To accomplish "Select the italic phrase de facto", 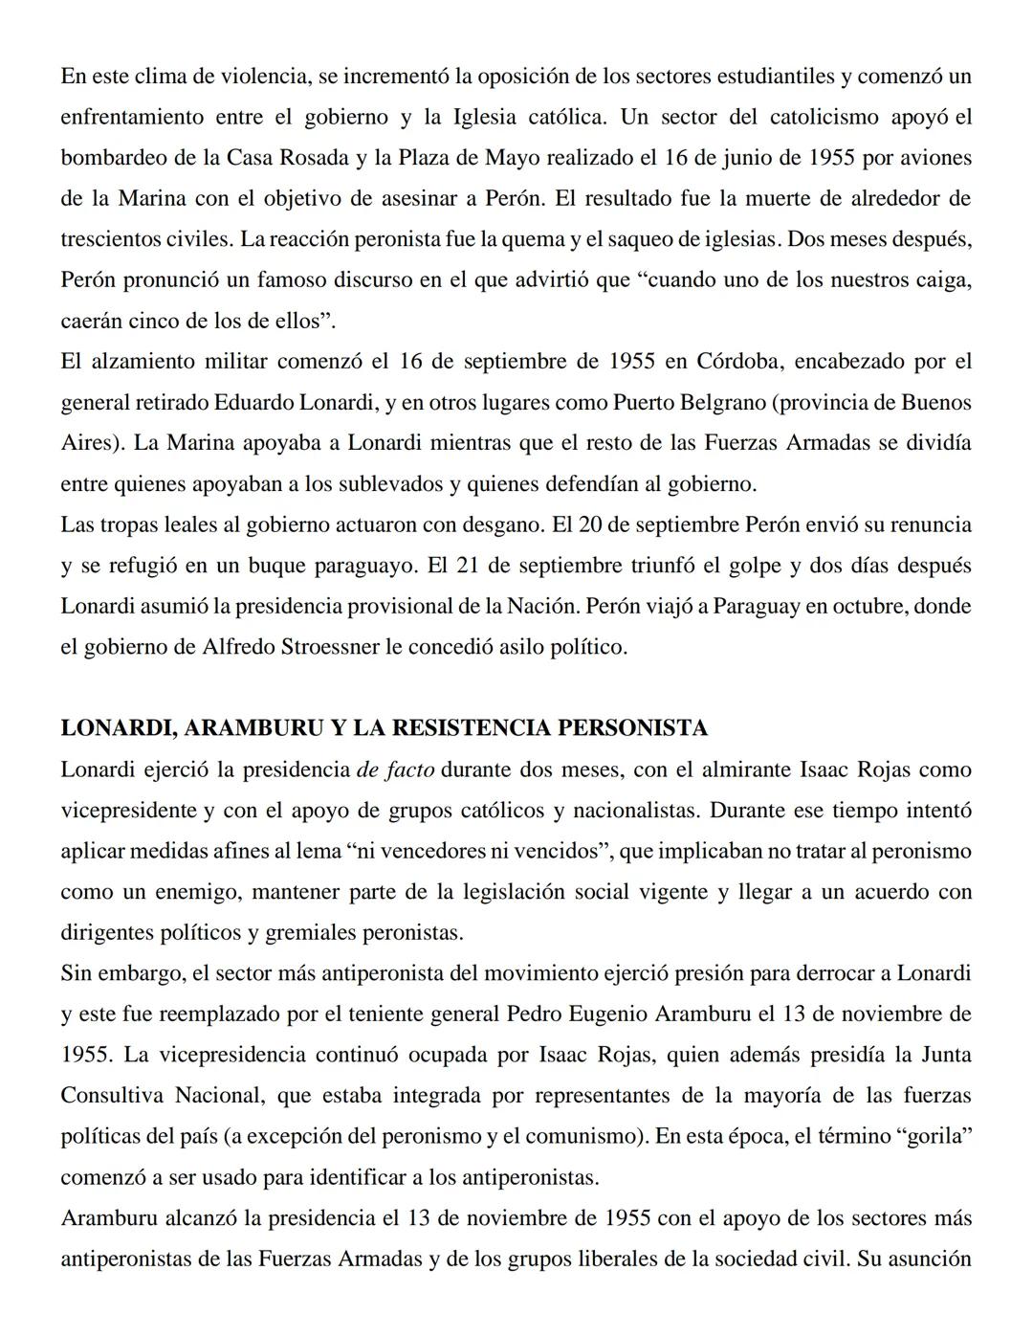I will click(395, 769).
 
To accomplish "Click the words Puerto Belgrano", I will click(687, 403).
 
